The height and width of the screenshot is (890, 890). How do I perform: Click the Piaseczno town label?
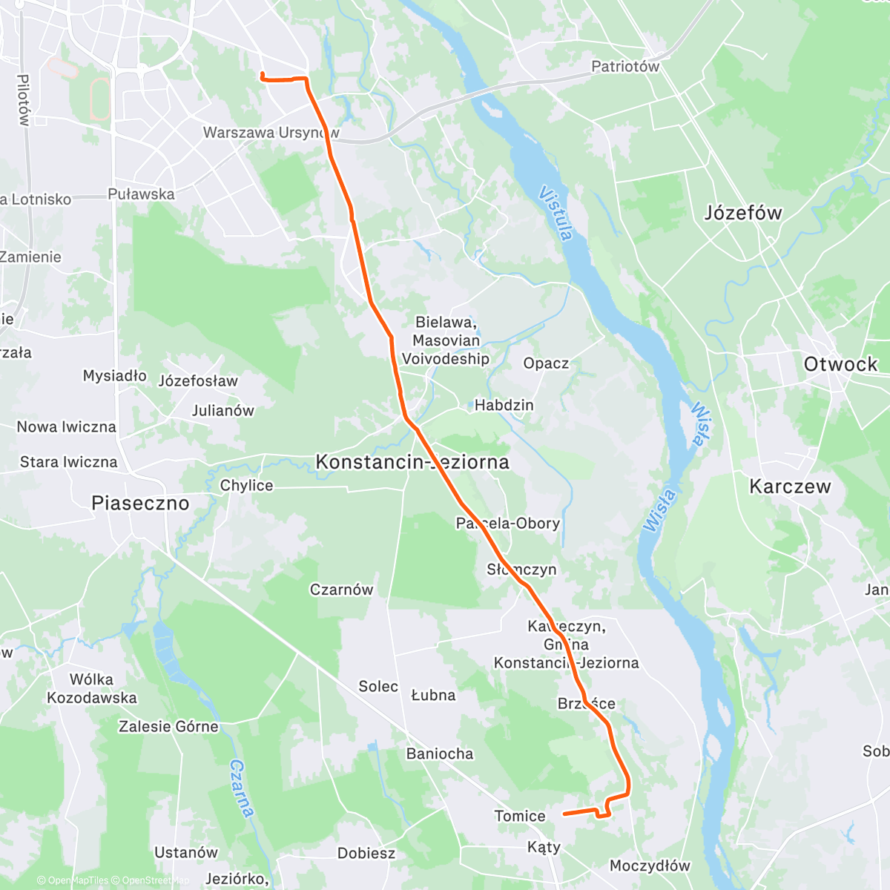coord(140,503)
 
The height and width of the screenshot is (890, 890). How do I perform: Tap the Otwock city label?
coord(840,364)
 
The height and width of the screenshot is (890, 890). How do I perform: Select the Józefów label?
coord(742,213)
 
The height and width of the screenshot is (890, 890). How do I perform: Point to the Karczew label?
coord(790,487)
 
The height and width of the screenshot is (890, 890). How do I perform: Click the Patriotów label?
coord(624,66)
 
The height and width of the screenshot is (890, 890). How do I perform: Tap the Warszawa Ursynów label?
coord(271,133)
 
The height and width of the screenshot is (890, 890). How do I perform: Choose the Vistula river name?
coord(556,214)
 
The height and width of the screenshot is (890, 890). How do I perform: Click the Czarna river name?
coord(243,788)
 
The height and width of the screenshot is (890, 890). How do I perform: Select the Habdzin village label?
coord(504,405)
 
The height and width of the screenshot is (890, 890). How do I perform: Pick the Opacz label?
coord(546,363)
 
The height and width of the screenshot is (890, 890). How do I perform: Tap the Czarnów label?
coord(341,590)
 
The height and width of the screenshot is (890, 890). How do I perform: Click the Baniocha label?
coord(439,754)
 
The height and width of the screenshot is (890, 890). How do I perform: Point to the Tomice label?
coord(519,816)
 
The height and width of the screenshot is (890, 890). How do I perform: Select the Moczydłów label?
coord(650,866)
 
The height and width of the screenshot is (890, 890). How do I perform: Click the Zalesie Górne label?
coord(168,726)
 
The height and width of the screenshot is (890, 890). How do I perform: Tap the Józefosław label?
coord(198,380)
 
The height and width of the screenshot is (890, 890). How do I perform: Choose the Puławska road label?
coord(141,194)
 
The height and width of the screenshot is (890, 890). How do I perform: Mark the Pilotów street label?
coord(23,99)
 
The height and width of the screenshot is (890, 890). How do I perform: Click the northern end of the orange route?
coord(262,73)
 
